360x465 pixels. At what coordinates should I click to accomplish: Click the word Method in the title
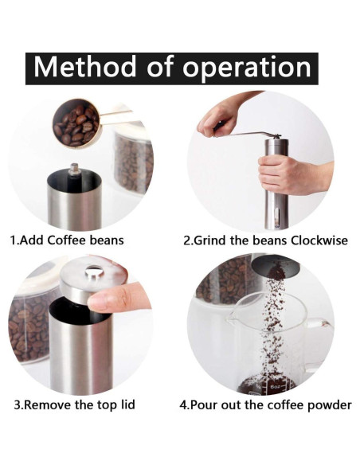click(x=76, y=67)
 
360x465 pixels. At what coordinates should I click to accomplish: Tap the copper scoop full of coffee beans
click(x=76, y=123)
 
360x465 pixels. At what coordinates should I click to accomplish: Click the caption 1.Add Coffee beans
click(x=67, y=240)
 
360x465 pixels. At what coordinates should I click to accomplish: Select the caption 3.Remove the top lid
click(x=74, y=404)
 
